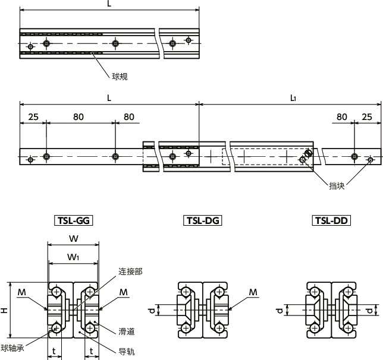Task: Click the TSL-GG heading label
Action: point(74,220)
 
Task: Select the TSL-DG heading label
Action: point(202,220)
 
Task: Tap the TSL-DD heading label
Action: point(331,220)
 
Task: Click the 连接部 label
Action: point(130,271)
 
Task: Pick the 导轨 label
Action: point(127,352)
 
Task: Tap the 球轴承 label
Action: point(12,348)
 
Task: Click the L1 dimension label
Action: point(293,98)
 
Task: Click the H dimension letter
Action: point(4,310)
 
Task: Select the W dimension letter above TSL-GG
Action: point(73,239)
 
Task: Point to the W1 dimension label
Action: point(73,257)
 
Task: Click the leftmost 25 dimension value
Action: point(33,117)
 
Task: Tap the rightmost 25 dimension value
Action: point(368,117)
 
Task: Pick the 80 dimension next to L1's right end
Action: point(341,117)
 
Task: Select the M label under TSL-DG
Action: point(253,292)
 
